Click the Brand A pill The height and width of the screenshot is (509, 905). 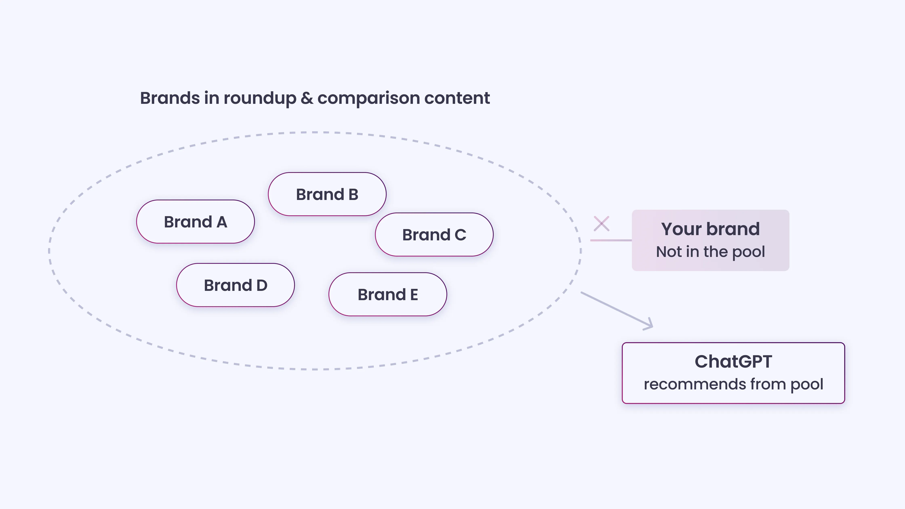point(195,222)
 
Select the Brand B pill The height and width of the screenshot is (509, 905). point(327,194)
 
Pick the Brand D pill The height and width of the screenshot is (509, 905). point(235,285)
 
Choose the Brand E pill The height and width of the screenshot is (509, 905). point(387,294)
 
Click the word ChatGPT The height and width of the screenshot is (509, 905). point(733,362)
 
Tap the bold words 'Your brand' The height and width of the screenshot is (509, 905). point(710,229)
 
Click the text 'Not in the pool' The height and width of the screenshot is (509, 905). point(710,252)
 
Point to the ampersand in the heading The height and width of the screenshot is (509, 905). point(307,98)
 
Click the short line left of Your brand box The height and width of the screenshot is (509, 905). point(611,240)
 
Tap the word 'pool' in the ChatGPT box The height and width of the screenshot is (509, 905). point(807,385)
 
